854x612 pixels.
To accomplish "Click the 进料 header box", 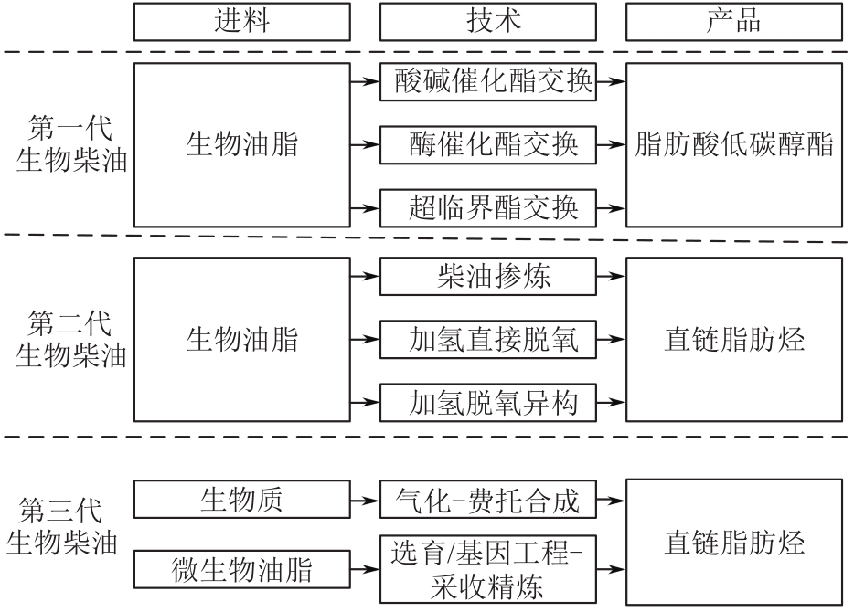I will [x=241, y=21].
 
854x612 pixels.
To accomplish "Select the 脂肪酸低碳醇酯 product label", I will [x=733, y=144].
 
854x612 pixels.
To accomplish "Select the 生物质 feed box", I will [x=241, y=500].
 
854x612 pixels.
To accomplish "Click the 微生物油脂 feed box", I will [x=241, y=570].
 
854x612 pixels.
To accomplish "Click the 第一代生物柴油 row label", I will [x=65, y=144].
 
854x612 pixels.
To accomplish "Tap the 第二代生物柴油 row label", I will [x=65, y=339].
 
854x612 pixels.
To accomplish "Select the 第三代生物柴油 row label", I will [x=62, y=527].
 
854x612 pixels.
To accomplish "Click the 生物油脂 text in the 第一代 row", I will [x=241, y=144].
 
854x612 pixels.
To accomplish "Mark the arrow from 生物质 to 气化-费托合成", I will [x=365, y=500].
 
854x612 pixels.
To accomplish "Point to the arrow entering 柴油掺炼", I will [x=365, y=276].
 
